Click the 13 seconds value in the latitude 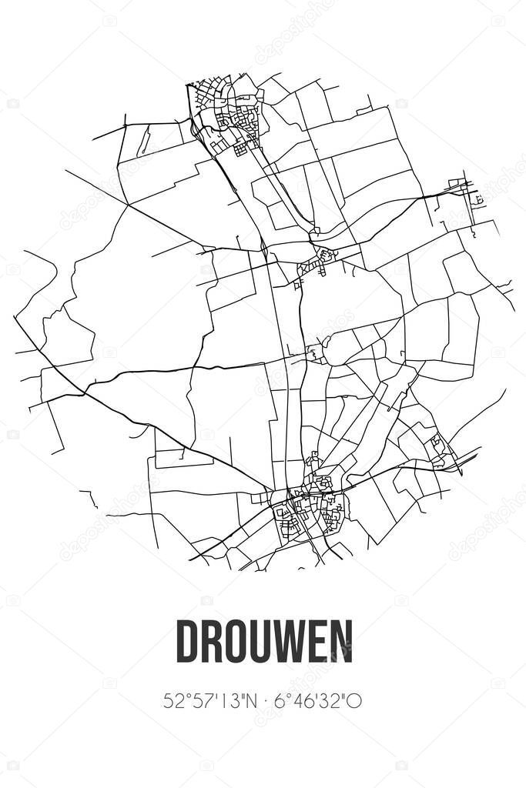(224, 701)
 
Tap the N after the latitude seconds (246, 701)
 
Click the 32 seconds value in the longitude (330, 701)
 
